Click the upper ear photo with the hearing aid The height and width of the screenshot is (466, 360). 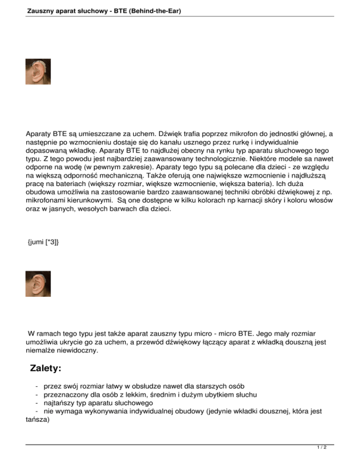coord(37,72)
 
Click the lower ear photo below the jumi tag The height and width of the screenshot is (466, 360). coord(37,284)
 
